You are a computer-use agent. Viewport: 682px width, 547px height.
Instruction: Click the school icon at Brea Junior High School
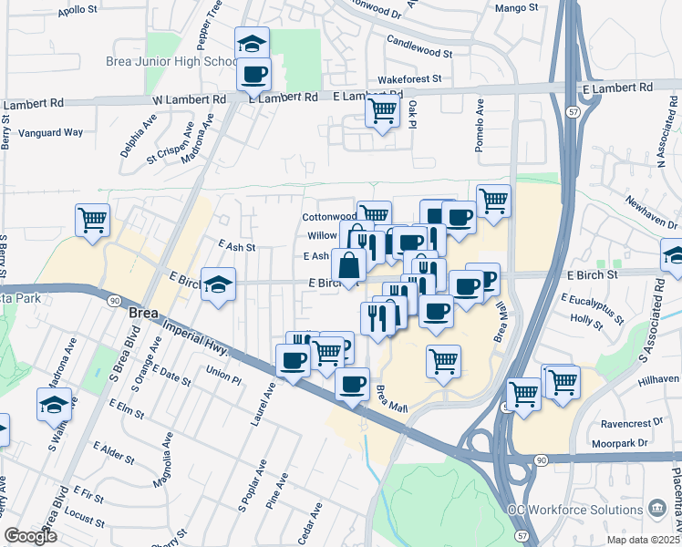253,43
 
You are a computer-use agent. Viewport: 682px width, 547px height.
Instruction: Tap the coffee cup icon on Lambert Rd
253,74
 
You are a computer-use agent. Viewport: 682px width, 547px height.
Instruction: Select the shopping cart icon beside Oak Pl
382,112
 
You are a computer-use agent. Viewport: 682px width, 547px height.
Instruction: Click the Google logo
31,536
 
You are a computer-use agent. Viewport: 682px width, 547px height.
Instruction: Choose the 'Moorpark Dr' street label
624,442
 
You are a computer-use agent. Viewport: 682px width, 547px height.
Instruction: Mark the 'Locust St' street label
85,518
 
